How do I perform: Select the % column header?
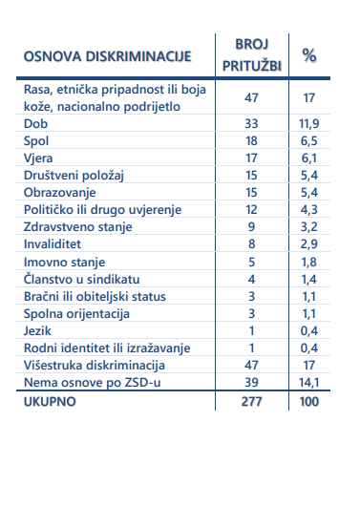309,56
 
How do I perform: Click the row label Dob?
35,123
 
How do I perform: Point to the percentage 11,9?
308,123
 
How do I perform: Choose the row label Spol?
36,140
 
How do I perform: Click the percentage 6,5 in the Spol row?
308,140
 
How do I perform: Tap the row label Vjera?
39,158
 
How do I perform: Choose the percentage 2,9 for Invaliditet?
308,243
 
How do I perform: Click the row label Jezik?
38,329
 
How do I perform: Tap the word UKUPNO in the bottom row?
50,400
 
